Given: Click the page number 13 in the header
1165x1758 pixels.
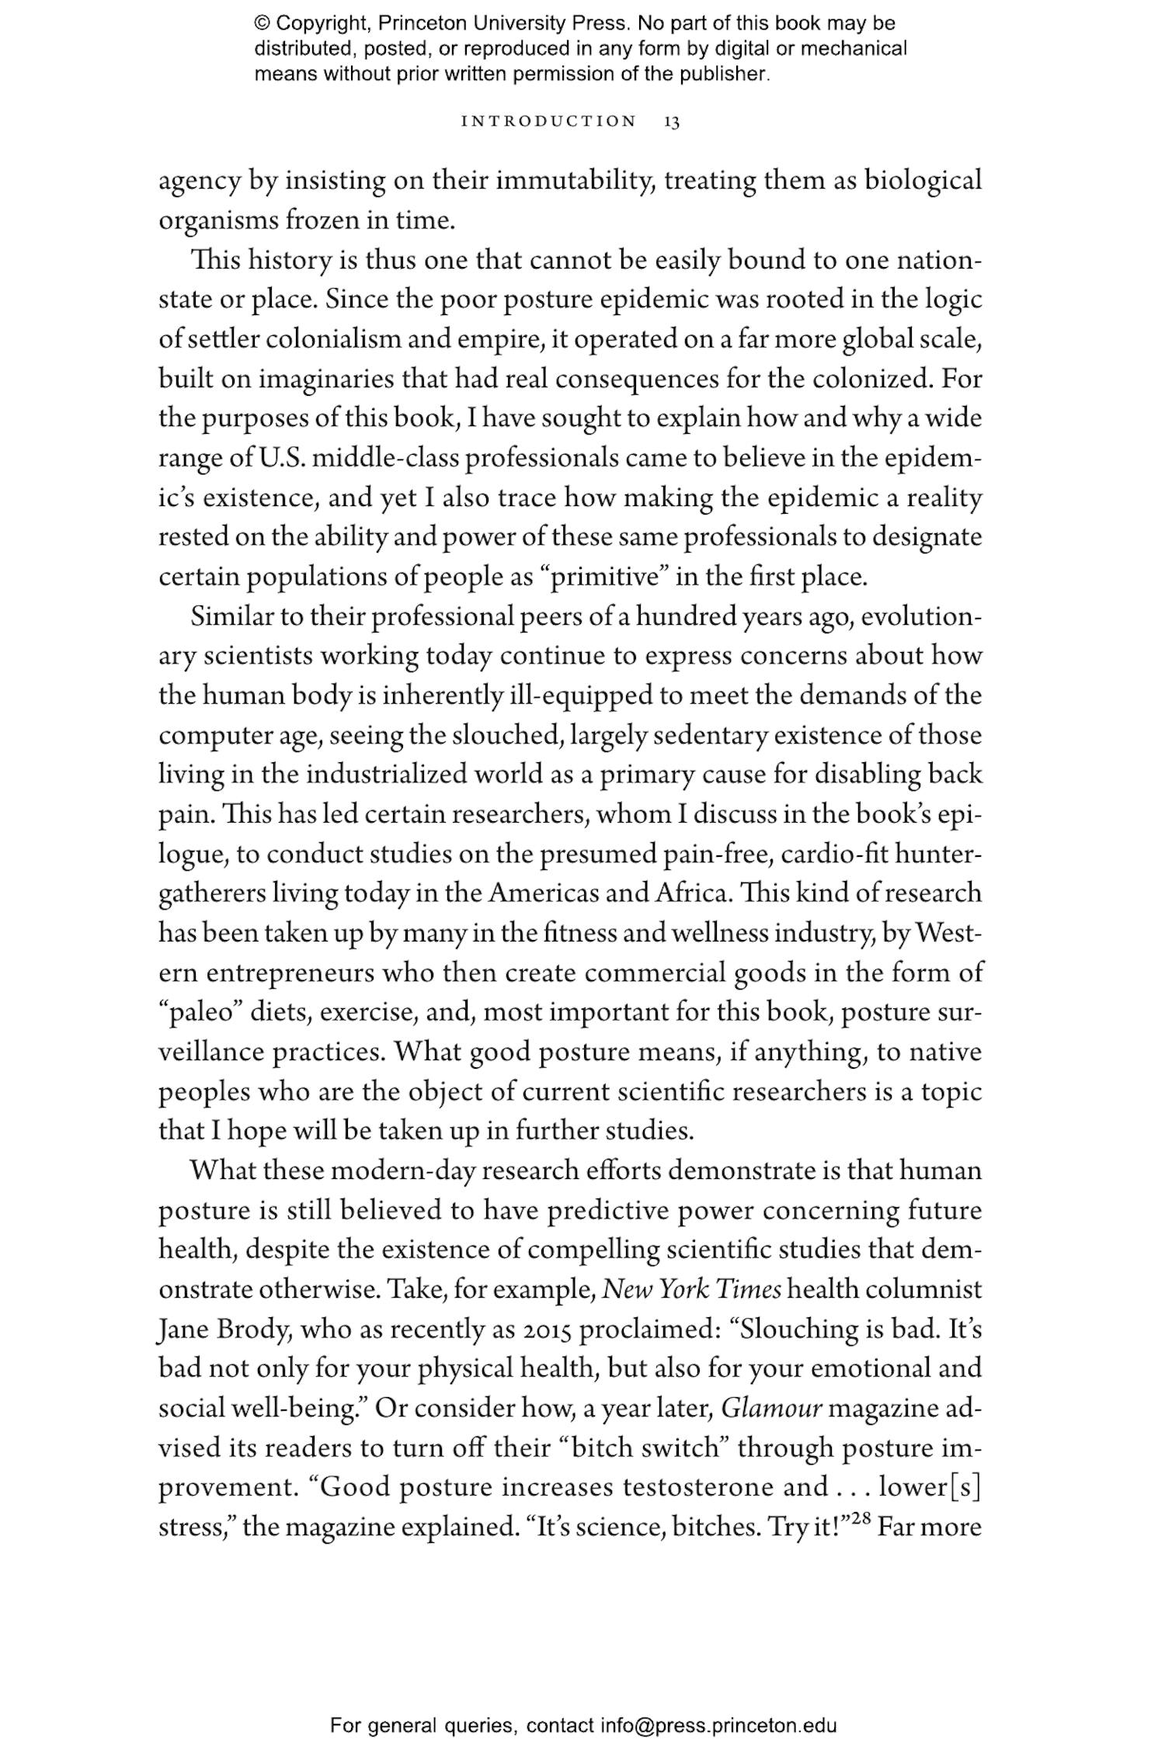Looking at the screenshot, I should point(672,122).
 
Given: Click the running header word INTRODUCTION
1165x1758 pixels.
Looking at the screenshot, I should point(548,122).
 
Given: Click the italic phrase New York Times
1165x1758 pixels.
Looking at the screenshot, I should point(692,1289).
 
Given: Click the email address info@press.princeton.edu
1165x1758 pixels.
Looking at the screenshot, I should point(718,1725).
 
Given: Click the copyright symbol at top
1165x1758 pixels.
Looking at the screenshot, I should point(262,23).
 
